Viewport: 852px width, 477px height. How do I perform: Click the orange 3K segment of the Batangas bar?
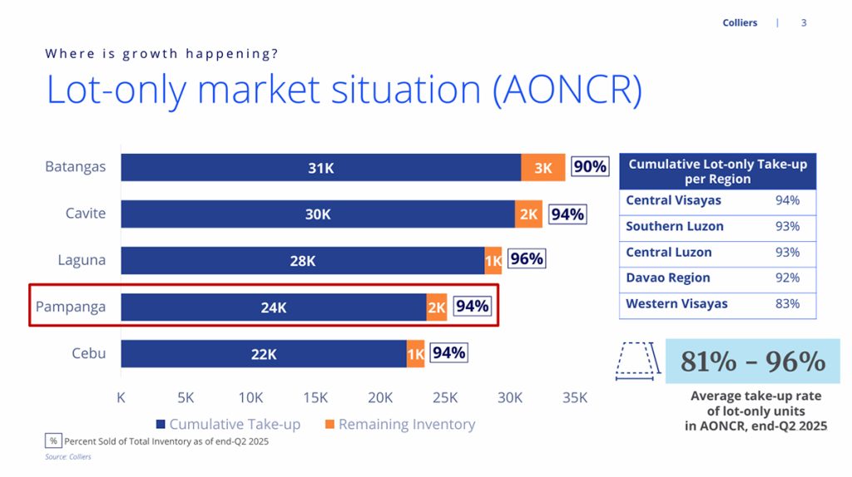tap(543, 168)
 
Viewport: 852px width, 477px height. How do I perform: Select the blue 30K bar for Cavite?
tap(318, 214)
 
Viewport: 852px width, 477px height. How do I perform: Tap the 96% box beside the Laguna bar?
tap(526, 259)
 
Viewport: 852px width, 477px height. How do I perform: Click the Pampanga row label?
tap(71, 307)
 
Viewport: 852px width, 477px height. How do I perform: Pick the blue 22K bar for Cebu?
tap(264, 354)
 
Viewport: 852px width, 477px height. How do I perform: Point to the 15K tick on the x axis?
tap(316, 398)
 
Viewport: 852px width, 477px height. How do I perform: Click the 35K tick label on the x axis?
tap(574, 398)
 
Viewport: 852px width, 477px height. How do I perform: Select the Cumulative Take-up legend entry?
tap(228, 425)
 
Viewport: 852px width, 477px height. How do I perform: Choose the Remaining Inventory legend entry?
tap(400, 425)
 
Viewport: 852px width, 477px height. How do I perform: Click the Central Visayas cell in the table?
tap(674, 200)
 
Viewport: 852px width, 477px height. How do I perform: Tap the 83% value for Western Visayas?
tap(787, 304)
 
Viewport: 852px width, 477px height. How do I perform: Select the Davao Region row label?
tap(668, 278)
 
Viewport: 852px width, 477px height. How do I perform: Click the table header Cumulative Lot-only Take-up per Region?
tap(717, 171)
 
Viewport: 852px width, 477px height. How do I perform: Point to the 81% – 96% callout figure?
tap(753, 361)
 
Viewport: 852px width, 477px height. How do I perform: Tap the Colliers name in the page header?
tap(740, 23)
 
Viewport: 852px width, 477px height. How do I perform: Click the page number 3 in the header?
tap(804, 23)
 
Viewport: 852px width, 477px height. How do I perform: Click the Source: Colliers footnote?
tap(67, 457)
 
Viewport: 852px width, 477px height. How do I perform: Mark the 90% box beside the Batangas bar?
tap(590, 167)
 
